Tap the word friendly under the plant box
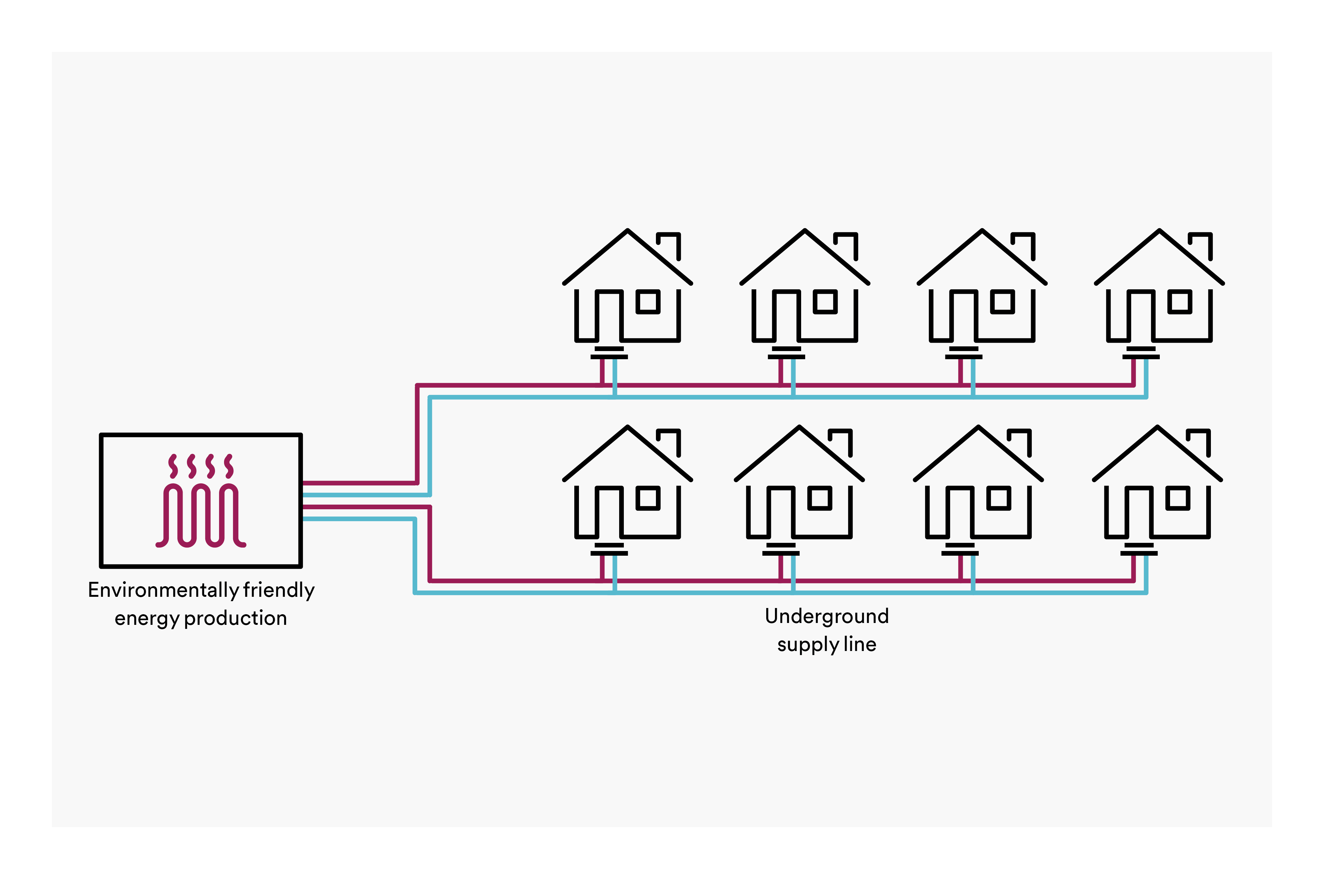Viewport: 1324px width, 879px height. click(279, 590)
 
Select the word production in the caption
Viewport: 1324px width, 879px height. click(236, 618)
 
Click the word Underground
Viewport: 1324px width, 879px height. click(827, 616)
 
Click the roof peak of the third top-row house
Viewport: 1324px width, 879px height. click(982, 230)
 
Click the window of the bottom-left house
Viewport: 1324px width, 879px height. click(648, 498)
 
